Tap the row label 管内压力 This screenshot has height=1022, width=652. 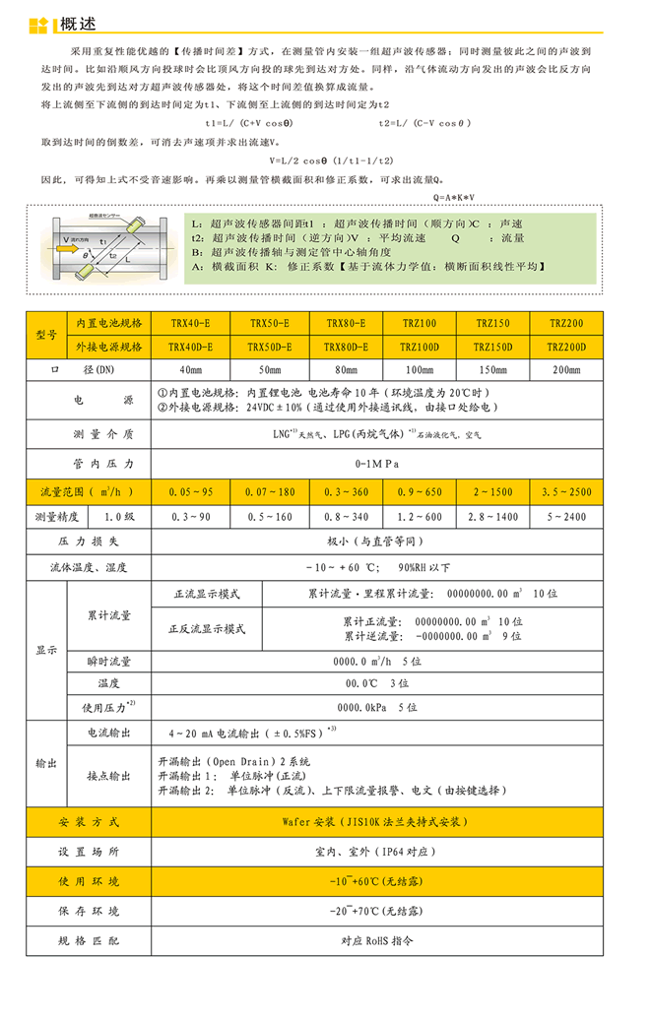[x=89, y=463]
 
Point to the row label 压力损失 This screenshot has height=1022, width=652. [x=89, y=542]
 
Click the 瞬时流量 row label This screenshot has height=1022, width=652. [x=108, y=662]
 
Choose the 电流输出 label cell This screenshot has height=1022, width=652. [x=108, y=734]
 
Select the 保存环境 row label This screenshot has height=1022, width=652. [x=89, y=911]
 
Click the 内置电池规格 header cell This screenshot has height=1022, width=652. [x=108, y=323]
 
